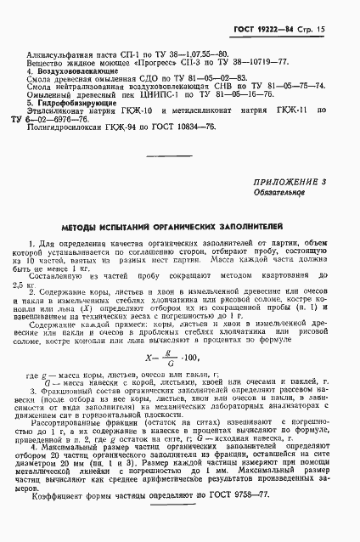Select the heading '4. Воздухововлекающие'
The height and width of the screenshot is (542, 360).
pos(75,74)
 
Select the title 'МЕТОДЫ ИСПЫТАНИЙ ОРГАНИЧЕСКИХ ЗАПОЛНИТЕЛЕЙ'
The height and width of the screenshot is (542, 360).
pos(179,230)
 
